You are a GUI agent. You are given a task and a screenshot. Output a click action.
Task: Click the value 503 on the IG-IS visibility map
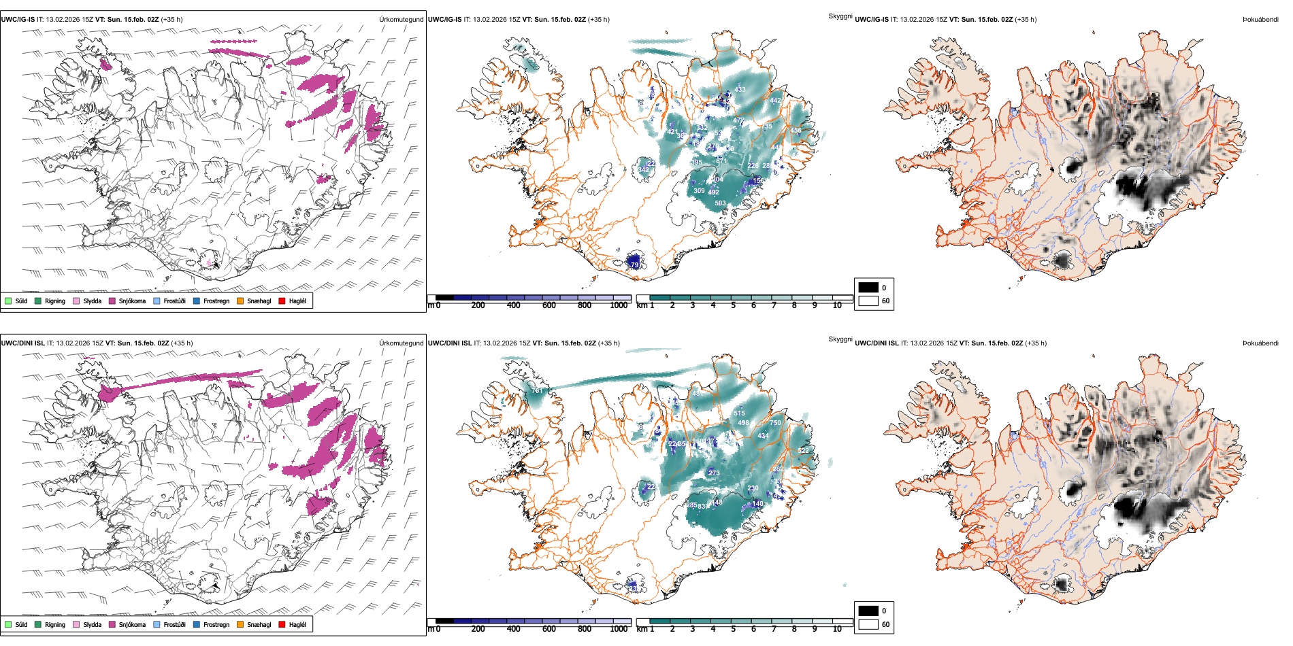click(x=720, y=203)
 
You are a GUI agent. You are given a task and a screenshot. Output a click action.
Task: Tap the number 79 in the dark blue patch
click(x=635, y=265)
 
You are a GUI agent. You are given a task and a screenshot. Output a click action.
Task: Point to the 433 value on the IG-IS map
click(x=740, y=90)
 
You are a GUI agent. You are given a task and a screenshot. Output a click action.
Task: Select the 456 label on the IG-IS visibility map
click(x=796, y=131)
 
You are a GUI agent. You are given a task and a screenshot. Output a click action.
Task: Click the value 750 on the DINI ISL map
click(x=775, y=423)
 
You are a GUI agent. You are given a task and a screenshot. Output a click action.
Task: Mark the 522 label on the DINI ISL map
click(x=803, y=451)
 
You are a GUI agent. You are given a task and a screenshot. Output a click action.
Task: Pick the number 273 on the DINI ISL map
click(x=714, y=473)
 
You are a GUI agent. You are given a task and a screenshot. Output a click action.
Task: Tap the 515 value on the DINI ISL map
click(x=740, y=413)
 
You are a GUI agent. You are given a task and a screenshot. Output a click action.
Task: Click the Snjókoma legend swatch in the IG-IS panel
click(x=112, y=301)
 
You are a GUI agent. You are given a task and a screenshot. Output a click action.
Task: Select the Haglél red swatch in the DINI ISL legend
click(x=282, y=624)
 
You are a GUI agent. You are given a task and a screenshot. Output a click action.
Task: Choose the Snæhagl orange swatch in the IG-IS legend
click(x=240, y=301)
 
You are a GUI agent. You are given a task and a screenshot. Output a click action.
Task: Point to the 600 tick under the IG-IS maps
click(x=549, y=305)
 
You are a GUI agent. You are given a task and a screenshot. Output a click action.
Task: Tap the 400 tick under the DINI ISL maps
click(x=514, y=629)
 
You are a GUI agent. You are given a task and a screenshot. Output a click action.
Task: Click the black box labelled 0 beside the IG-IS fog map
click(x=868, y=288)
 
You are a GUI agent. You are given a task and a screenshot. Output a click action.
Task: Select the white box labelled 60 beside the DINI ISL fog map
click(x=868, y=624)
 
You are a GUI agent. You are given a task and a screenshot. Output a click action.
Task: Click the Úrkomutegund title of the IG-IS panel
click(x=401, y=20)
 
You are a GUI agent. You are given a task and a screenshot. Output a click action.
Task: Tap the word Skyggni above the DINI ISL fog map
click(x=840, y=339)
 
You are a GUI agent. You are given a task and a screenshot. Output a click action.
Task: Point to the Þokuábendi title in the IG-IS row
click(x=1260, y=20)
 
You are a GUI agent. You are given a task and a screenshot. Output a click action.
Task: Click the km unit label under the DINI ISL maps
click(x=641, y=629)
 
